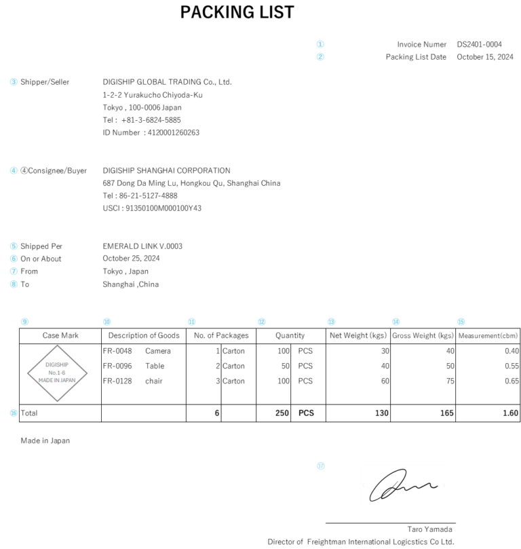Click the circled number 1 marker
pyautogui.click(x=320, y=44)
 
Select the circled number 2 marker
pyautogui.click(x=320, y=57)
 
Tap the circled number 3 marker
pyautogui.click(x=14, y=82)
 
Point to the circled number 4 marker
pyautogui.click(x=14, y=170)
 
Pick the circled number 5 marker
pyautogui.click(x=14, y=246)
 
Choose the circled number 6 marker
pyautogui.click(x=14, y=259)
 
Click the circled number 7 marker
pyautogui.click(x=14, y=271)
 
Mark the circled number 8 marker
pyautogui.click(x=14, y=284)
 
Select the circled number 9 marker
pyautogui.click(x=25, y=322)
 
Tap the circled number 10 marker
pyautogui.click(x=107, y=322)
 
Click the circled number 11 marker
pyautogui.click(x=191, y=322)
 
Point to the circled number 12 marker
pyautogui.click(x=262, y=322)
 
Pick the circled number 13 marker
pyautogui.click(x=331, y=322)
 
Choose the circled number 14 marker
pyautogui.click(x=396, y=322)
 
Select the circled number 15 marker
pyautogui.click(x=461, y=322)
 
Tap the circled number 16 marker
pyautogui.click(x=14, y=413)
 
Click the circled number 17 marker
pyautogui.click(x=321, y=466)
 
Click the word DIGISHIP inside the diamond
pyautogui.click(x=57, y=365)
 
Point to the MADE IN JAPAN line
pyautogui.click(x=57, y=381)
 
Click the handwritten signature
pyautogui.click(x=404, y=485)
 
